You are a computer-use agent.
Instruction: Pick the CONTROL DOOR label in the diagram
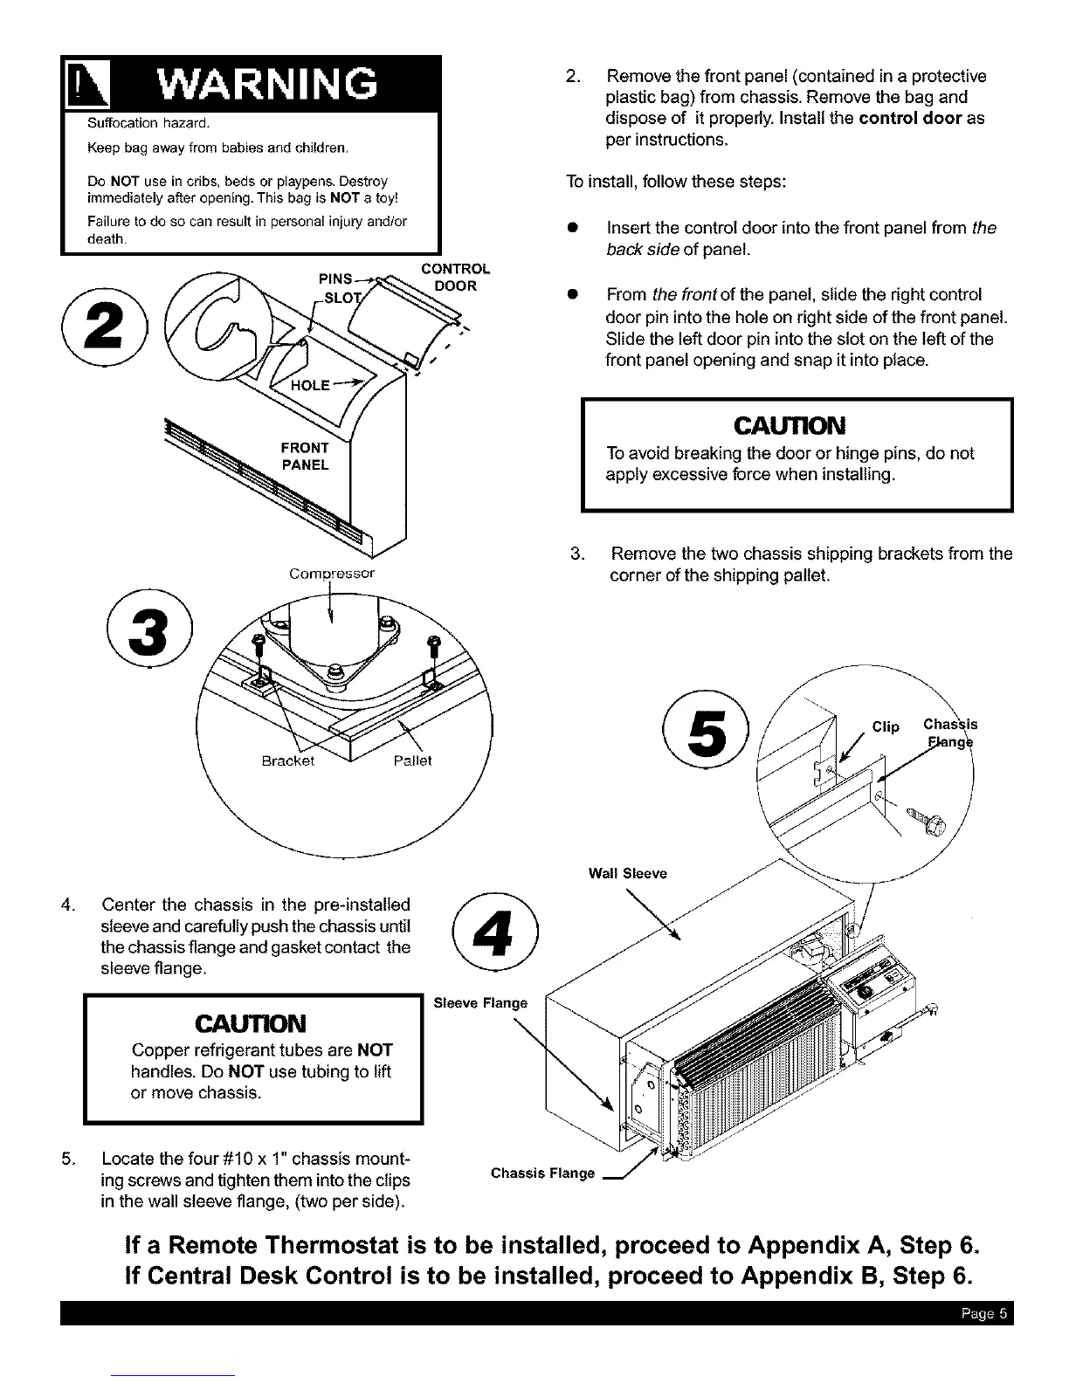(x=455, y=277)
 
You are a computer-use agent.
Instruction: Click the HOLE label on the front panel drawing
(x=310, y=385)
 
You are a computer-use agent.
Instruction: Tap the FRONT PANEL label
(x=305, y=457)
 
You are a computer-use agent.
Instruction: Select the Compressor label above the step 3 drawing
(x=332, y=574)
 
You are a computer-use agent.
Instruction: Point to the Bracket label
(x=288, y=760)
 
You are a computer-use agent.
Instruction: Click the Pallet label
(x=412, y=760)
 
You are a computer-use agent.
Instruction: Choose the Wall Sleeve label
(x=628, y=873)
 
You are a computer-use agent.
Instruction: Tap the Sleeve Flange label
(x=480, y=1003)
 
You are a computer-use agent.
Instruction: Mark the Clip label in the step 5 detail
(x=886, y=726)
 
